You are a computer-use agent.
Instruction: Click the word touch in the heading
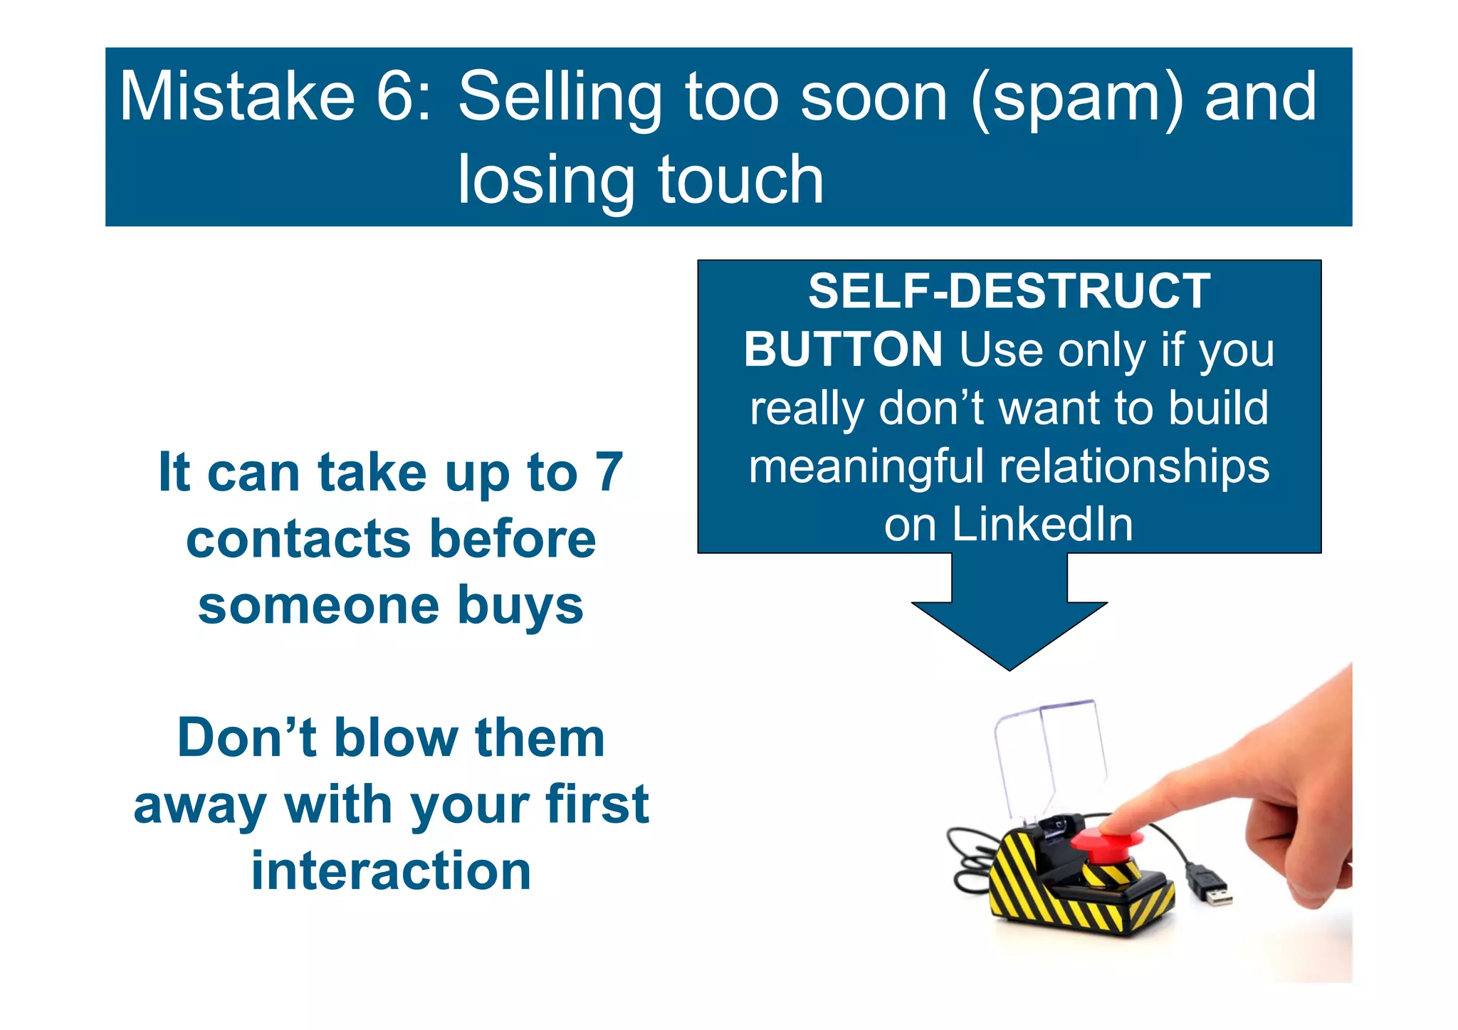coord(740,179)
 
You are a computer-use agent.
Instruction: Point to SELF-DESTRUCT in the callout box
coord(1009,291)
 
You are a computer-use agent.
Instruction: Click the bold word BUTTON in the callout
coord(843,350)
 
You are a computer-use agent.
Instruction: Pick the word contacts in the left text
coord(298,539)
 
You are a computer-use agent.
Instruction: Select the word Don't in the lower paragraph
coord(246,737)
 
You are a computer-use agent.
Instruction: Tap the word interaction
coord(391,871)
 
